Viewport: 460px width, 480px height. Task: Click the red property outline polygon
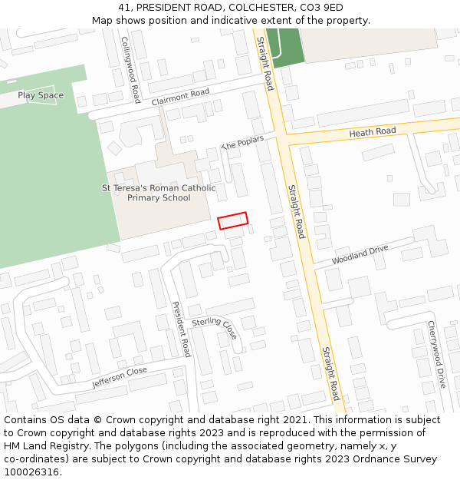click(233, 220)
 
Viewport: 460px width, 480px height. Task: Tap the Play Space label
click(41, 95)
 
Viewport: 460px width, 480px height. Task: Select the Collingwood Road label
click(130, 70)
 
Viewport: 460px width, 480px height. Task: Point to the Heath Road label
click(373, 132)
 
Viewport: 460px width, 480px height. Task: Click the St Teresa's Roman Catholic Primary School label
click(159, 193)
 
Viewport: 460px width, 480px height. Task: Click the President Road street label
click(182, 329)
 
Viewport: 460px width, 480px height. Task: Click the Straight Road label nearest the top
click(265, 64)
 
